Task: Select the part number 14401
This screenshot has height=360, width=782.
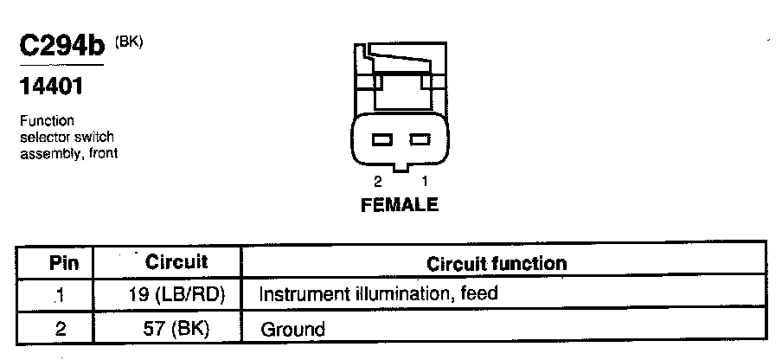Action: click(x=51, y=87)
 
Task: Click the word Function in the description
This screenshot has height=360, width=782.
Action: click(x=47, y=121)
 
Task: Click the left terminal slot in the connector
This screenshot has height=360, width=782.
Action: click(x=381, y=138)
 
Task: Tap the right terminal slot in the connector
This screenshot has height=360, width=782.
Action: click(x=420, y=138)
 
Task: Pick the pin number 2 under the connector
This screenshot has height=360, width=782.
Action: click(x=378, y=182)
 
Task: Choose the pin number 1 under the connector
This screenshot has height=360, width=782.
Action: click(x=423, y=182)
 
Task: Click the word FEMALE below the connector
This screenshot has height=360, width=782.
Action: click(x=399, y=205)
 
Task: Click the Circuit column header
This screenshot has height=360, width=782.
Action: click(x=176, y=261)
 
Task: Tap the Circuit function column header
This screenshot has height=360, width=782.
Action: click(x=497, y=262)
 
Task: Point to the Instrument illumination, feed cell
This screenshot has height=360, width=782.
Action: click(x=378, y=293)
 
